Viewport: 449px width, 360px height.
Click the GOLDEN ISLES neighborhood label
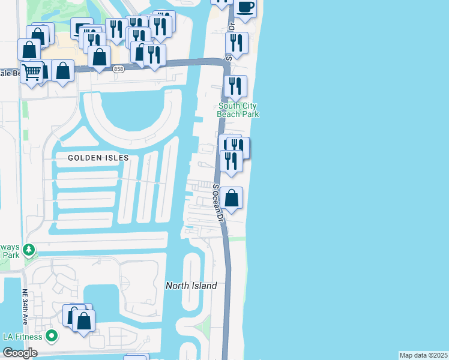(98, 158)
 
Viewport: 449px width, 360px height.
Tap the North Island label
(191, 286)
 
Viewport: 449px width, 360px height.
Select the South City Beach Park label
(238, 110)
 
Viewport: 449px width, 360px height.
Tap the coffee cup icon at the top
(245, 7)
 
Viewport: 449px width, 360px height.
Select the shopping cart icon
(32, 72)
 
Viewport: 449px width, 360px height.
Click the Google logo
(19, 353)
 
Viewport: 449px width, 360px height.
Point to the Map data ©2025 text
(423, 355)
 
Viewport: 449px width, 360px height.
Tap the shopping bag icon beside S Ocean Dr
(232, 198)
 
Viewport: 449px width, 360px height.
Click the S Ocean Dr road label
(217, 202)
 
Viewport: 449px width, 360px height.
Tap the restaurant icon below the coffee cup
(237, 43)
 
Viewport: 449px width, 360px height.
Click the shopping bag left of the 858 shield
(99, 57)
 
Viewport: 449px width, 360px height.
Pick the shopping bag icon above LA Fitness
(83, 320)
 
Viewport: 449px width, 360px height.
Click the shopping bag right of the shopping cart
(62, 71)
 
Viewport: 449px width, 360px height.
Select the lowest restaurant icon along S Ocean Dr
(231, 160)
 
